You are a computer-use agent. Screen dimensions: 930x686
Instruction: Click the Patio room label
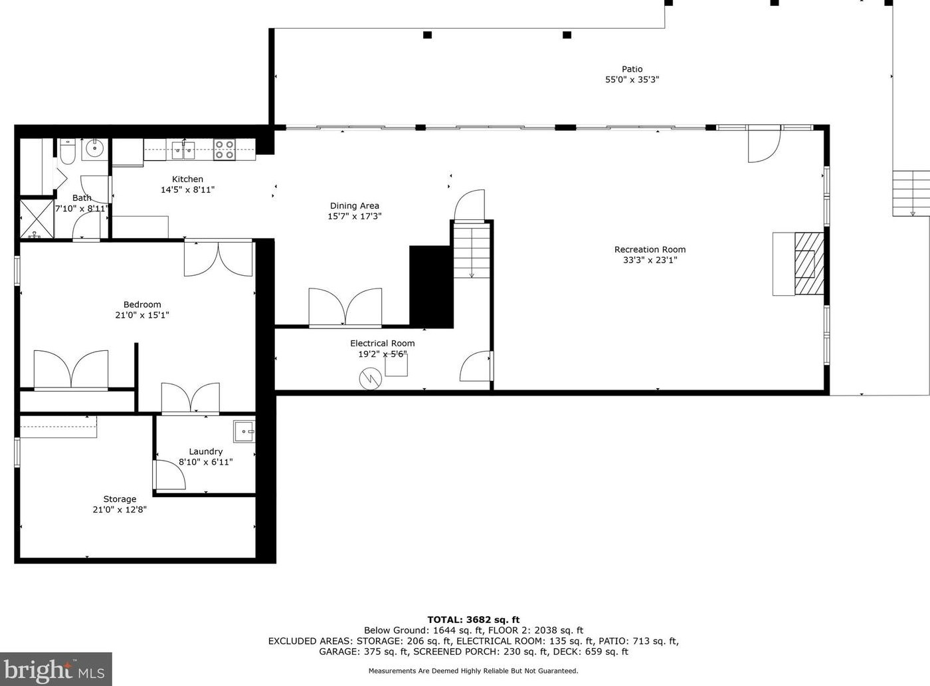(632, 69)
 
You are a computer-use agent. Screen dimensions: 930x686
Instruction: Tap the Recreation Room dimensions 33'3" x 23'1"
(650, 260)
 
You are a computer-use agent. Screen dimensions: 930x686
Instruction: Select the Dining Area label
(355, 205)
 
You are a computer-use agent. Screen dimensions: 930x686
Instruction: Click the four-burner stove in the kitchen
(225, 150)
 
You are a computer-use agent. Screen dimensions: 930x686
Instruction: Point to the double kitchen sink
(183, 150)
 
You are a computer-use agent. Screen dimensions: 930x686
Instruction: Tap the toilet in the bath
(67, 152)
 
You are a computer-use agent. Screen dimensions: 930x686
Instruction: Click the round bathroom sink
(94, 148)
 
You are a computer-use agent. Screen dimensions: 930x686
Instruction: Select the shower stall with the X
(37, 219)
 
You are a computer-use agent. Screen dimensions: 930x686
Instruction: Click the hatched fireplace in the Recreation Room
(809, 264)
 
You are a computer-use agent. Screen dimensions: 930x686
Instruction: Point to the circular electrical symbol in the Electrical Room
(371, 378)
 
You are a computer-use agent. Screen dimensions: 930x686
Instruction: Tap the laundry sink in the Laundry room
(244, 431)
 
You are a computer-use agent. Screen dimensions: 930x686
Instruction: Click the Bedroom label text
(142, 304)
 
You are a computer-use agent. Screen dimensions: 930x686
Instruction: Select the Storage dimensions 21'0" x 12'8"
(120, 509)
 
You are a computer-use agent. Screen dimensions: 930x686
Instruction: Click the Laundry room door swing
(169, 475)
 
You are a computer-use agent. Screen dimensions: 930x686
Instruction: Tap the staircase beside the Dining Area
(472, 251)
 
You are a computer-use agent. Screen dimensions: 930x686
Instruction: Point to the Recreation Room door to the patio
(764, 147)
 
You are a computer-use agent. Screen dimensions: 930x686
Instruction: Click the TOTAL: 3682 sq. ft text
(473, 620)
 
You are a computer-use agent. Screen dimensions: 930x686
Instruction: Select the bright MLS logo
(56, 670)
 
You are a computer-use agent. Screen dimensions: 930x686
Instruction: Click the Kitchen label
(187, 179)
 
